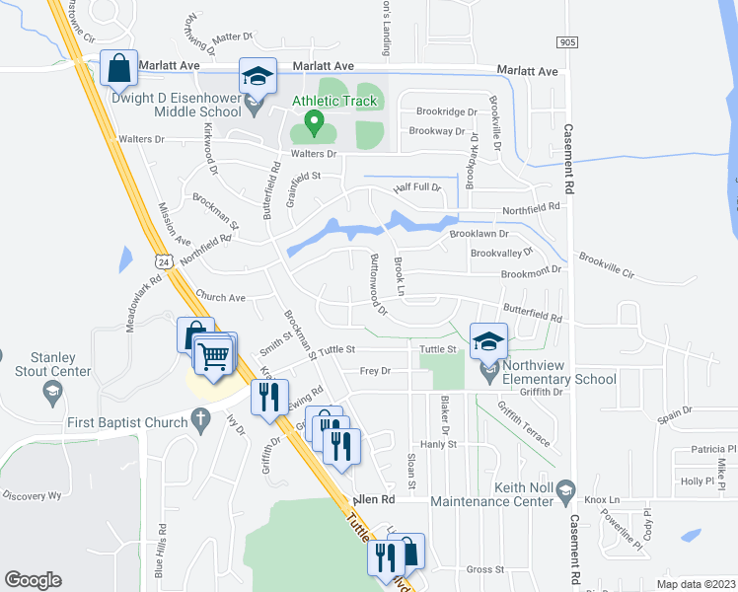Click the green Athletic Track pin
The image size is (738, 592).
pos(315,121)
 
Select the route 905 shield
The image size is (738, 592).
pos(566,42)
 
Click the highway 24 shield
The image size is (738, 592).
pos(164,260)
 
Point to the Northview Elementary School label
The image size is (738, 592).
pos(559,379)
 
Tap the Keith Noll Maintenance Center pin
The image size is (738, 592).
pos(565,488)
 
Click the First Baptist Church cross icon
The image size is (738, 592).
pos(200,422)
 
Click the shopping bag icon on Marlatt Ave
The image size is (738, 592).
pos(118,69)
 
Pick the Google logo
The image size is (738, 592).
pos(33,580)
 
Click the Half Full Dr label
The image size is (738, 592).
pos(416,187)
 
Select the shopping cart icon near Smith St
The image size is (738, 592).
pos(214,355)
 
